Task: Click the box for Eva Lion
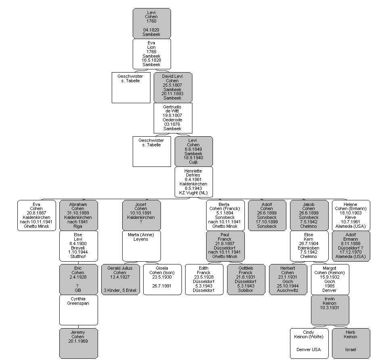pos(152,54)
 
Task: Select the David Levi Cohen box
pos(173,87)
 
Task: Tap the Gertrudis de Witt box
pos(173,118)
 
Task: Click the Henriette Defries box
pos(194,182)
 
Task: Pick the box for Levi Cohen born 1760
pos(152,23)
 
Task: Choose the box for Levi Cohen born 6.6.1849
pos(194,152)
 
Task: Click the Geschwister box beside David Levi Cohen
pos(131,87)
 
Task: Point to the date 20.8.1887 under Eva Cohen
pos(36,213)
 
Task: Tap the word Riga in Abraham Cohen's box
pos(78,227)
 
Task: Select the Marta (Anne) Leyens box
pos(142,246)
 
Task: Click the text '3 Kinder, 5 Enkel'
pos(120,291)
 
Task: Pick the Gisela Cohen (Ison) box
pos(163,279)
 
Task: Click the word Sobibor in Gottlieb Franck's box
pos(246,291)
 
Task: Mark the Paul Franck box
pos(225,246)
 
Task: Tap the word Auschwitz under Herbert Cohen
pos(288,291)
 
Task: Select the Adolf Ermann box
pos(351,246)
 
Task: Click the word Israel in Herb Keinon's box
pos(351,350)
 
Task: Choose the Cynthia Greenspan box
pos(78,310)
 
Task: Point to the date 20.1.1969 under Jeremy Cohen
pos(78,341)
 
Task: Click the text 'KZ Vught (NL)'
pos(194,193)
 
